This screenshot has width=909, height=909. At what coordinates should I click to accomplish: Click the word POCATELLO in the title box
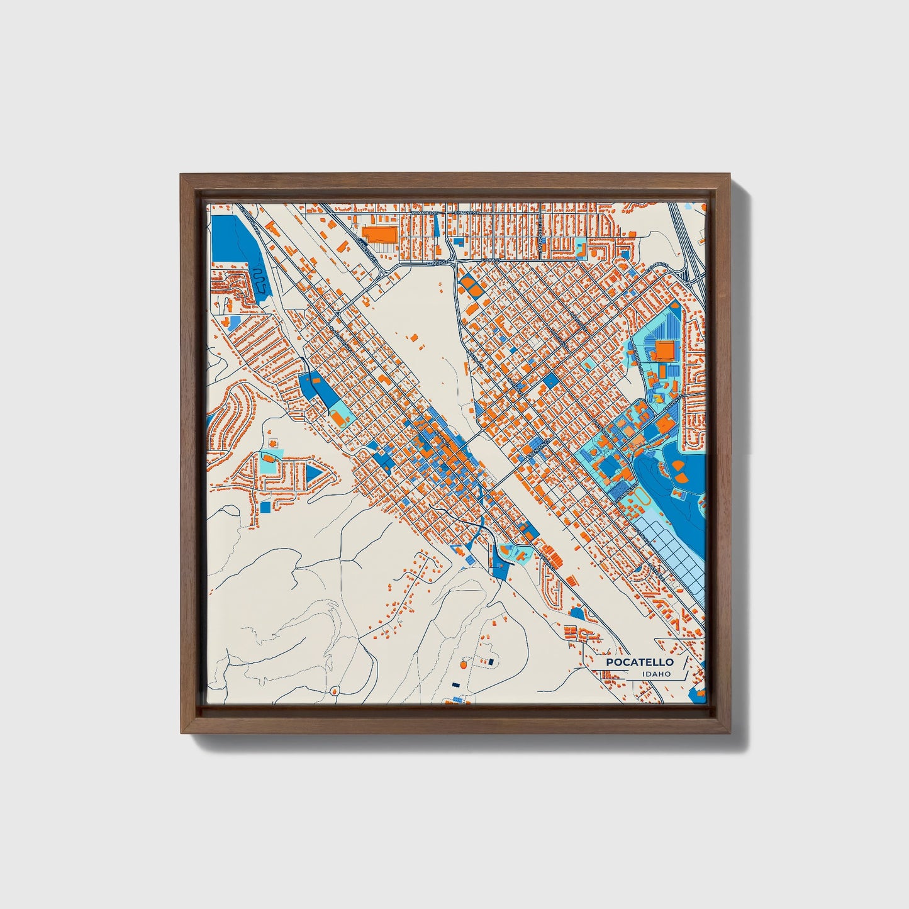pos(639,662)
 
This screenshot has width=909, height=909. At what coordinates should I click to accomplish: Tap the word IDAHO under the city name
pos(656,674)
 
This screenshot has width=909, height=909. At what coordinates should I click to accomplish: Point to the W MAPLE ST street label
pos(425,213)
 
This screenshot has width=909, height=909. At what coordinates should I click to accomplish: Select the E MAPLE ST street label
pos(468,213)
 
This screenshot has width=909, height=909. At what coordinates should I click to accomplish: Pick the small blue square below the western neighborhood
pos(265,506)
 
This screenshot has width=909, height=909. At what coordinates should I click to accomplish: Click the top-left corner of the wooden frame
pos(182,176)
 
